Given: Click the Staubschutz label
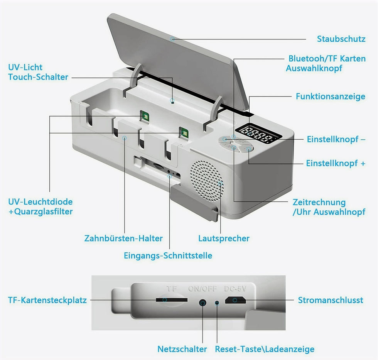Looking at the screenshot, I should click(341, 39).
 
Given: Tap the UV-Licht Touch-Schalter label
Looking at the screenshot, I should click(38, 72).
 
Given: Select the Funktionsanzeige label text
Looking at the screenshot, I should click(330, 96).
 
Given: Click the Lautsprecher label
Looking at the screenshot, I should click(224, 238).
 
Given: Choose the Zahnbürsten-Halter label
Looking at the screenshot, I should click(123, 238).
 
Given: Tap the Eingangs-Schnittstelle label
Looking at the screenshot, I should click(168, 255).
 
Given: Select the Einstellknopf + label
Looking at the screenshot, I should click(336, 163).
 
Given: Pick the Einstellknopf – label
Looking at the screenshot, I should click(336, 139).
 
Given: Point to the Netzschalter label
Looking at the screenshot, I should click(182, 349).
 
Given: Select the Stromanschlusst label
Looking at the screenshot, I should click(330, 300).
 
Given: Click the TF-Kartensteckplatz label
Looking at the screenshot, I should click(47, 300).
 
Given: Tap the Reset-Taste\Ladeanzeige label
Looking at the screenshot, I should click(265, 349).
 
